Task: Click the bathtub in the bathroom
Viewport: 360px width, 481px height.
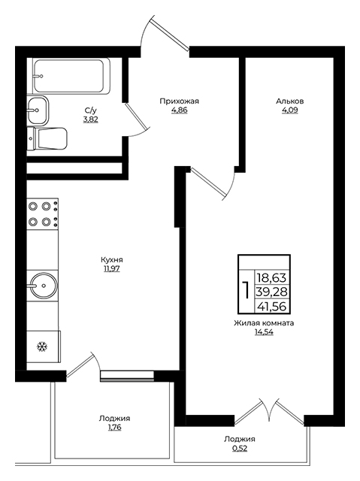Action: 71,76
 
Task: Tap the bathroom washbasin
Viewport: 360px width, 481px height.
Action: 38,110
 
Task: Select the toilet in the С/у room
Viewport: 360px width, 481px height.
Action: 47,138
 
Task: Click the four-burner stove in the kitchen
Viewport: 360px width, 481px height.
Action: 43,213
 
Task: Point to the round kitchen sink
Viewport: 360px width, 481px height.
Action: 44,286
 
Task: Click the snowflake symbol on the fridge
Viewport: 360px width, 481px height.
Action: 41,346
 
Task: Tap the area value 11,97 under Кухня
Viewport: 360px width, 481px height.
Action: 112,269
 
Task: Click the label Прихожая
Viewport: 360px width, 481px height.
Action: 180,101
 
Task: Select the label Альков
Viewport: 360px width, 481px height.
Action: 290,101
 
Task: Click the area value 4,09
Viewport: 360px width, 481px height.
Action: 290,110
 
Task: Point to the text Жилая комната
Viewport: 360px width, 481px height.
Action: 264,323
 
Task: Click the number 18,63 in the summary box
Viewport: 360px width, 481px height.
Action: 271,278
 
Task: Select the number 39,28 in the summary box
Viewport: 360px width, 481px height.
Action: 271,292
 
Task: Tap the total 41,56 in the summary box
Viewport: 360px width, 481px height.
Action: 271,306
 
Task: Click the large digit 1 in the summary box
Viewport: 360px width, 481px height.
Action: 246,291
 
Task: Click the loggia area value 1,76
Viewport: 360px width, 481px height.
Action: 114,428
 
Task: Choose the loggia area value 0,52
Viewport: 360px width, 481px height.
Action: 240,449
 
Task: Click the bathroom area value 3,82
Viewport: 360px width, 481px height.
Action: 90,119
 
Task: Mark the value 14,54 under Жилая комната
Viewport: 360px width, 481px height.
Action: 264,332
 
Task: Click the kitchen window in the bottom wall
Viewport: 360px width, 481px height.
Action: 127,376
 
